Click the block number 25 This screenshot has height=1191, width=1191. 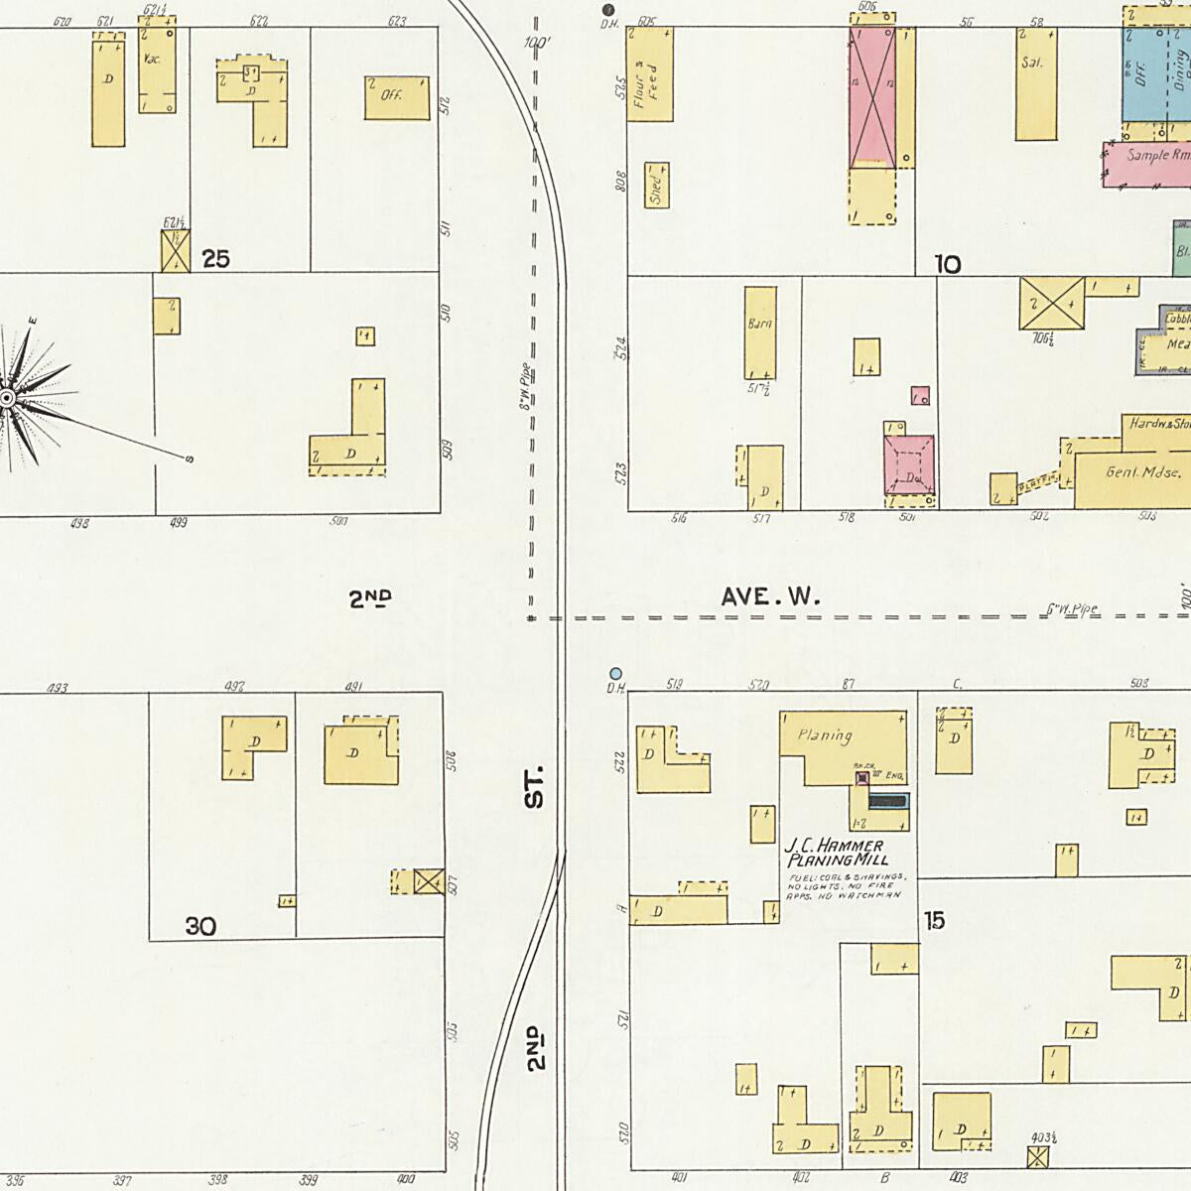point(215,259)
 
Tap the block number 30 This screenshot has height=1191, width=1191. point(199,927)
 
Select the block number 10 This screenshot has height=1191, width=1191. point(947,264)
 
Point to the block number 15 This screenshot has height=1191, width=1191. point(934,920)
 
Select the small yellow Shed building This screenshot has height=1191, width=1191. point(656,185)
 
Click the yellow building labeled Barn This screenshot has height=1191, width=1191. point(760,332)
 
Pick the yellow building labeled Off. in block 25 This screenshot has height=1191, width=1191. point(396,96)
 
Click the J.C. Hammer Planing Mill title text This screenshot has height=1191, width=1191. point(835,853)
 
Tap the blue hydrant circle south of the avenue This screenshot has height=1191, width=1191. point(615,674)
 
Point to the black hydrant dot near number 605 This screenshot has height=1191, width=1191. point(607,10)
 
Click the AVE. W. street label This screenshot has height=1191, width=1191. point(771,596)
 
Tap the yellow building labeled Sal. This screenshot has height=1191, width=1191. point(1035,83)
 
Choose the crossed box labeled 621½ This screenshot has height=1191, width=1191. point(175,251)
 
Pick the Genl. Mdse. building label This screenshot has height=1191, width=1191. point(1142,472)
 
